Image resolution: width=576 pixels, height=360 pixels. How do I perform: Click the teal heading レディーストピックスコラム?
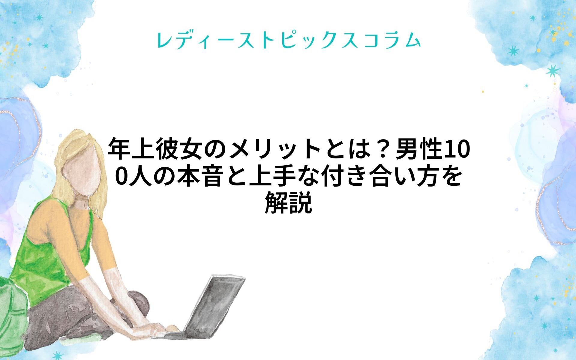(x=289, y=40)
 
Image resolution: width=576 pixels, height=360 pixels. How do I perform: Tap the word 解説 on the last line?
(x=288, y=203)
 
